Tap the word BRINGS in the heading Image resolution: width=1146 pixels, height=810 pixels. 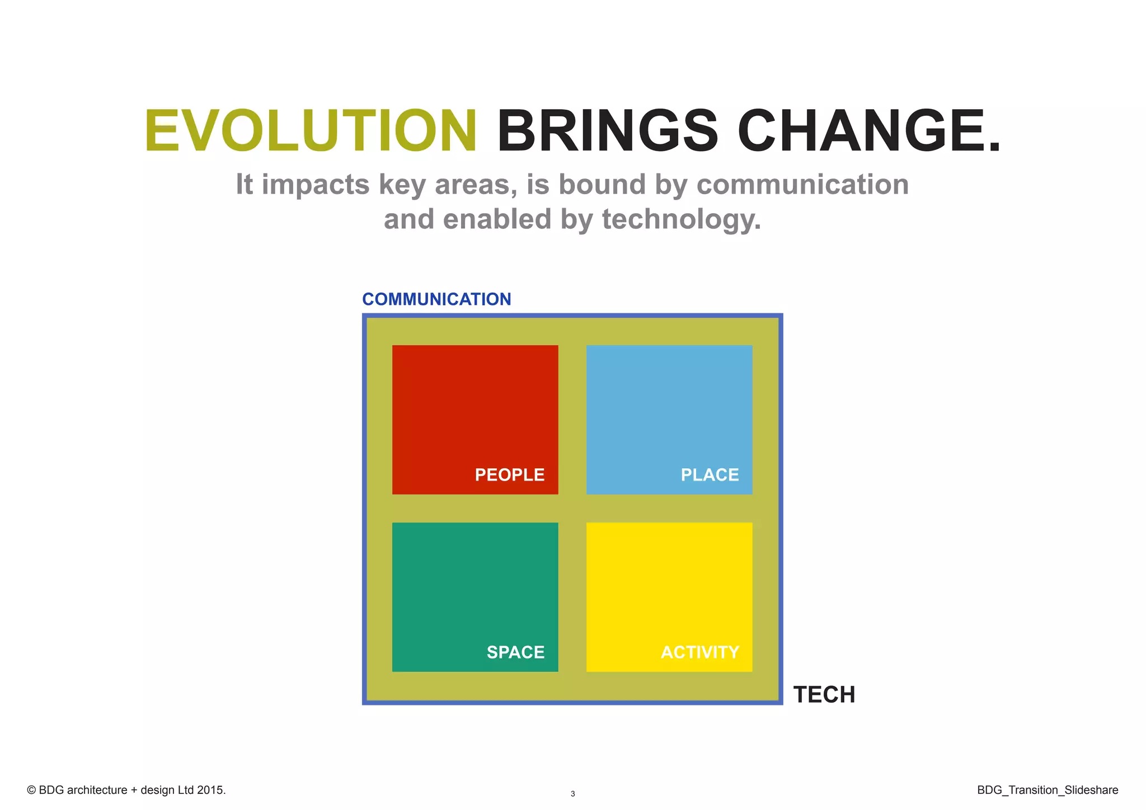(x=607, y=131)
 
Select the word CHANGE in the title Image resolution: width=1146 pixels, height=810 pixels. (x=862, y=131)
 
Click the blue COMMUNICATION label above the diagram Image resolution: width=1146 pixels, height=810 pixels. (x=436, y=299)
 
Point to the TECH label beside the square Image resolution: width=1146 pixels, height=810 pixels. (x=824, y=695)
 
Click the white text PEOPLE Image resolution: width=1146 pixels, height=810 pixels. (x=509, y=475)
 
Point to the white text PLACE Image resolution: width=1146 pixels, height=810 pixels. (x=710, y=475)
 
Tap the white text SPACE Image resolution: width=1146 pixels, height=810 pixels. (x=515, y=652)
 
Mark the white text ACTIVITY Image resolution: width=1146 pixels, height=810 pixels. (x=700, y=652)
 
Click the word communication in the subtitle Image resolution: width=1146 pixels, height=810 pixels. (x=802, y=185)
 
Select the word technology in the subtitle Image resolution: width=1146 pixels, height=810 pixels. (x=681, y=219)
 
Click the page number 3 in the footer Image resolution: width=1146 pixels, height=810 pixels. (x=572, y=794)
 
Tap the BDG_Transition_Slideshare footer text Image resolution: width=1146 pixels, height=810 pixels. (x=1048, y=790)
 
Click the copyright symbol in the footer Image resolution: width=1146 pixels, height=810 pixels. (x=31, y=790)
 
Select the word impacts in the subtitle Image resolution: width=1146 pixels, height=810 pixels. (x=316, y=186)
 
